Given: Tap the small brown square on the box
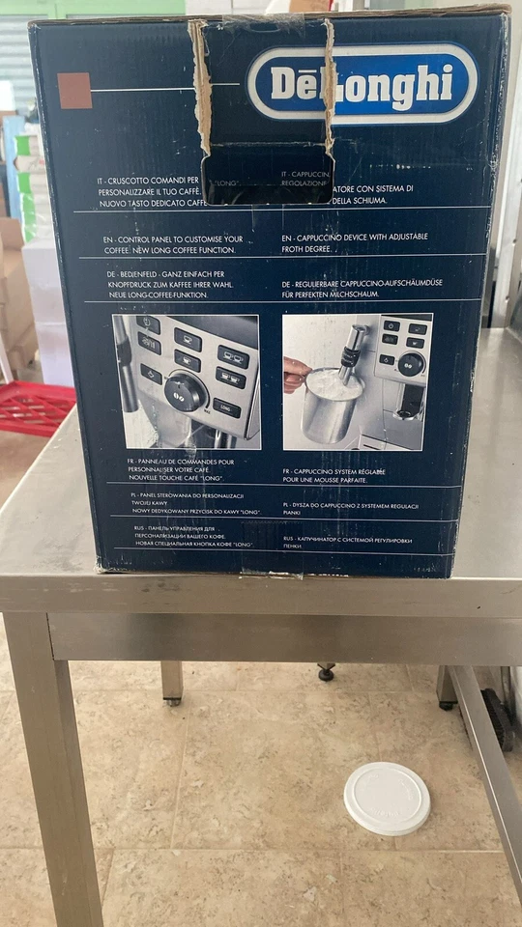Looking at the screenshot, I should (x=74, y=91).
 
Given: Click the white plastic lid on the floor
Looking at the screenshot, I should (x=387, y=798).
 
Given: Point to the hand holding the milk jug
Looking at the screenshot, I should (x=295, y=374).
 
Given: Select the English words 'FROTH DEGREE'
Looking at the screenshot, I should (x=306, y=249).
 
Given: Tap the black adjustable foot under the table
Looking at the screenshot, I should (x=326, y=672).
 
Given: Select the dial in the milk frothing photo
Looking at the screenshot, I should (x=411, y=364).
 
